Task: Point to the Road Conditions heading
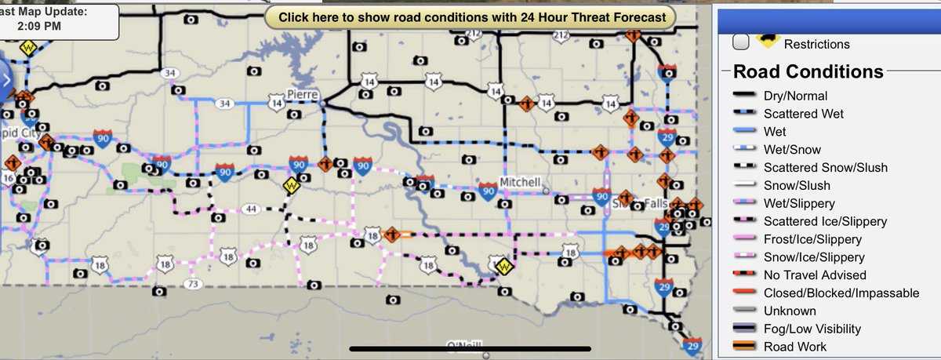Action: point(808,71)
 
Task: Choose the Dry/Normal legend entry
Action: point(794,96)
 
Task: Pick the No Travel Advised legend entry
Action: point(815,275)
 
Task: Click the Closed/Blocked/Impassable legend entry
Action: point(841,293)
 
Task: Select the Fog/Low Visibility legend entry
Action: point(823,329)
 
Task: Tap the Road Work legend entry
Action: point(794,347)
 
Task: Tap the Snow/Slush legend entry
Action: point(797,186)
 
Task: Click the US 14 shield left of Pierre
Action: point(276,102)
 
